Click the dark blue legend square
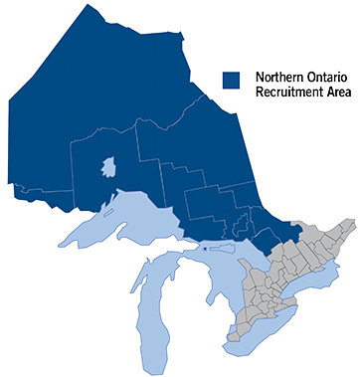click(231, 79)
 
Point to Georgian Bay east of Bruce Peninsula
click(250, 263)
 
